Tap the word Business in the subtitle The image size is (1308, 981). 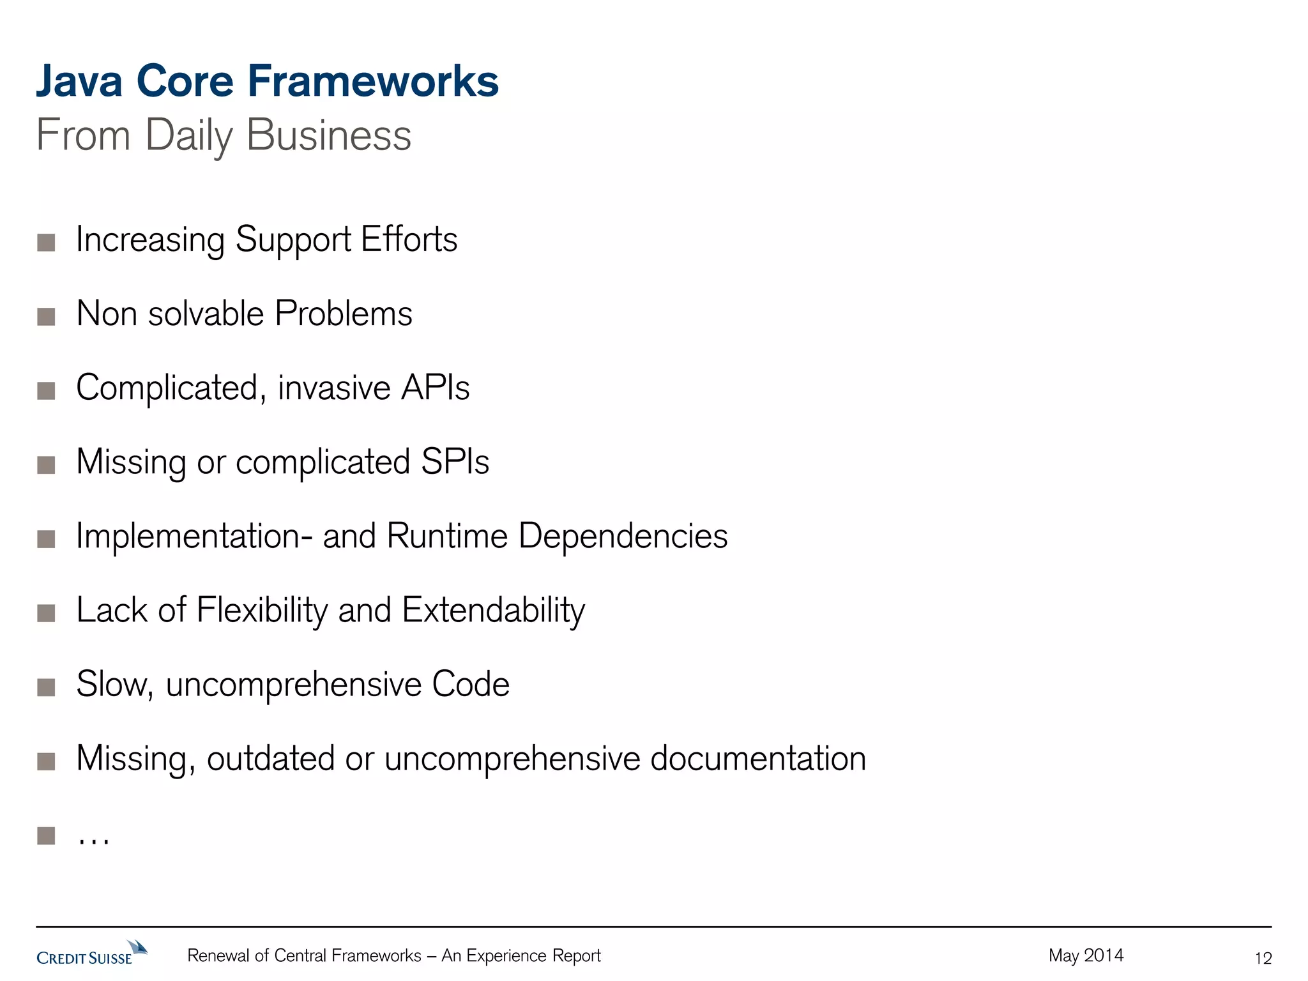(x=328, y=135)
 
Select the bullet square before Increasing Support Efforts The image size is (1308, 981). (x=46, y=242)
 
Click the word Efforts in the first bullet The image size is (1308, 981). (x=409, y=240)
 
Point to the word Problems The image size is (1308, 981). (x=344, y=314)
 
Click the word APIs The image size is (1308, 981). (x=435, y=388)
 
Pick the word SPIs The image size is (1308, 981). (x=455, y=462)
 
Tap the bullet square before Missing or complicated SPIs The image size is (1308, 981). (x=46, y=464)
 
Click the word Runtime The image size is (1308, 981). (x=446, y=536)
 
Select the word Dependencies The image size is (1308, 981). (x=623, y=536)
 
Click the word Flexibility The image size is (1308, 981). (x=262, y=610)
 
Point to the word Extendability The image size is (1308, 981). (x=493, y=610)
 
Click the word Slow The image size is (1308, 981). (x=114, y=684)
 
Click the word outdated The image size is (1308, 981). (x=270, y=758)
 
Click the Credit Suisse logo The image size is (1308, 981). (x=91, y=953)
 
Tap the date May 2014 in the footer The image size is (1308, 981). (x=1086, y=955)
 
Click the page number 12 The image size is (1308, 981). (x=1263, y=958)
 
